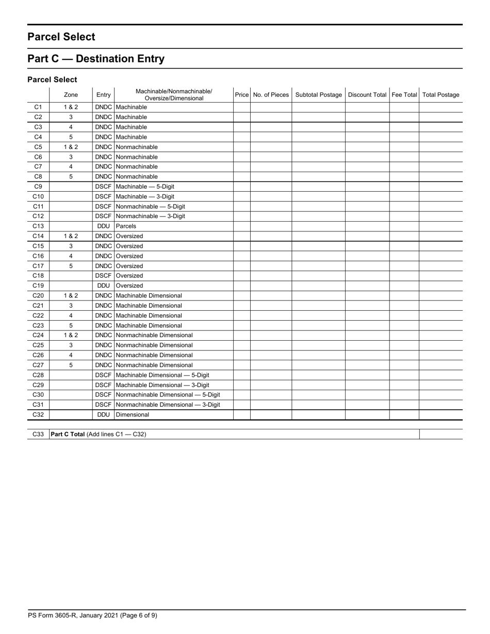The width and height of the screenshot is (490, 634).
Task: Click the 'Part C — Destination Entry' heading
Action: (x=96, y=59)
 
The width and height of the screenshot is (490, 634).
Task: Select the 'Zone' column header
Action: (x=71, y=95)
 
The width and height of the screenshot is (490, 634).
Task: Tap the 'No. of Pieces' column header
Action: (x=271, y=95)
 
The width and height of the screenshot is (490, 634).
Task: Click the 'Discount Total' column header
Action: (x=367, y=95)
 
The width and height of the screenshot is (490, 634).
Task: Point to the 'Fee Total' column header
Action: (x=404, y=95)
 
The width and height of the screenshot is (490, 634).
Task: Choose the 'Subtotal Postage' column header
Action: (x=318, y=95)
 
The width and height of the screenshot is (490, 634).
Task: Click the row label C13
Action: (x=38, y=226)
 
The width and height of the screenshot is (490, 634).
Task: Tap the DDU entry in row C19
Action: (x=103, y=286)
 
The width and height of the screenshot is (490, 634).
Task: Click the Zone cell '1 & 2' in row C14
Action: (x=71, y=236)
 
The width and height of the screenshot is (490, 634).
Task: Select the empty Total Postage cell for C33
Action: (x=440, y=435)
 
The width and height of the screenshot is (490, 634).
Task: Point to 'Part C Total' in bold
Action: (x=68, y=435)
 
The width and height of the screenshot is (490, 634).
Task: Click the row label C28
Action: (x=38, y=375)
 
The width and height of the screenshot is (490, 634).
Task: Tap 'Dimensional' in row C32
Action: (x=133, y=414)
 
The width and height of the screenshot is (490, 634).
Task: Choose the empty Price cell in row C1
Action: (x=241, y=107)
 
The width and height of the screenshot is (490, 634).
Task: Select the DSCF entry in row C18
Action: (x=103, y=276)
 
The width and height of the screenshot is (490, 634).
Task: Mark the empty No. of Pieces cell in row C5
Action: (x=271, y=147)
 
